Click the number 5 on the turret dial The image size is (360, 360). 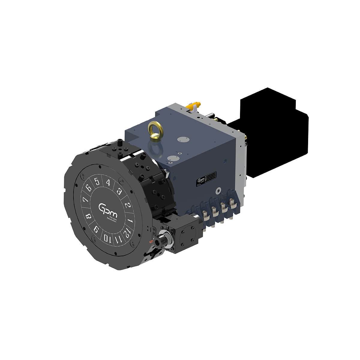97,182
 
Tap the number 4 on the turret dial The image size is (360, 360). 108,183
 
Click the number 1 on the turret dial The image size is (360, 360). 130,221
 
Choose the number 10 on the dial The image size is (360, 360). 107,238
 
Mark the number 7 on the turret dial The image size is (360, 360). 85,200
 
